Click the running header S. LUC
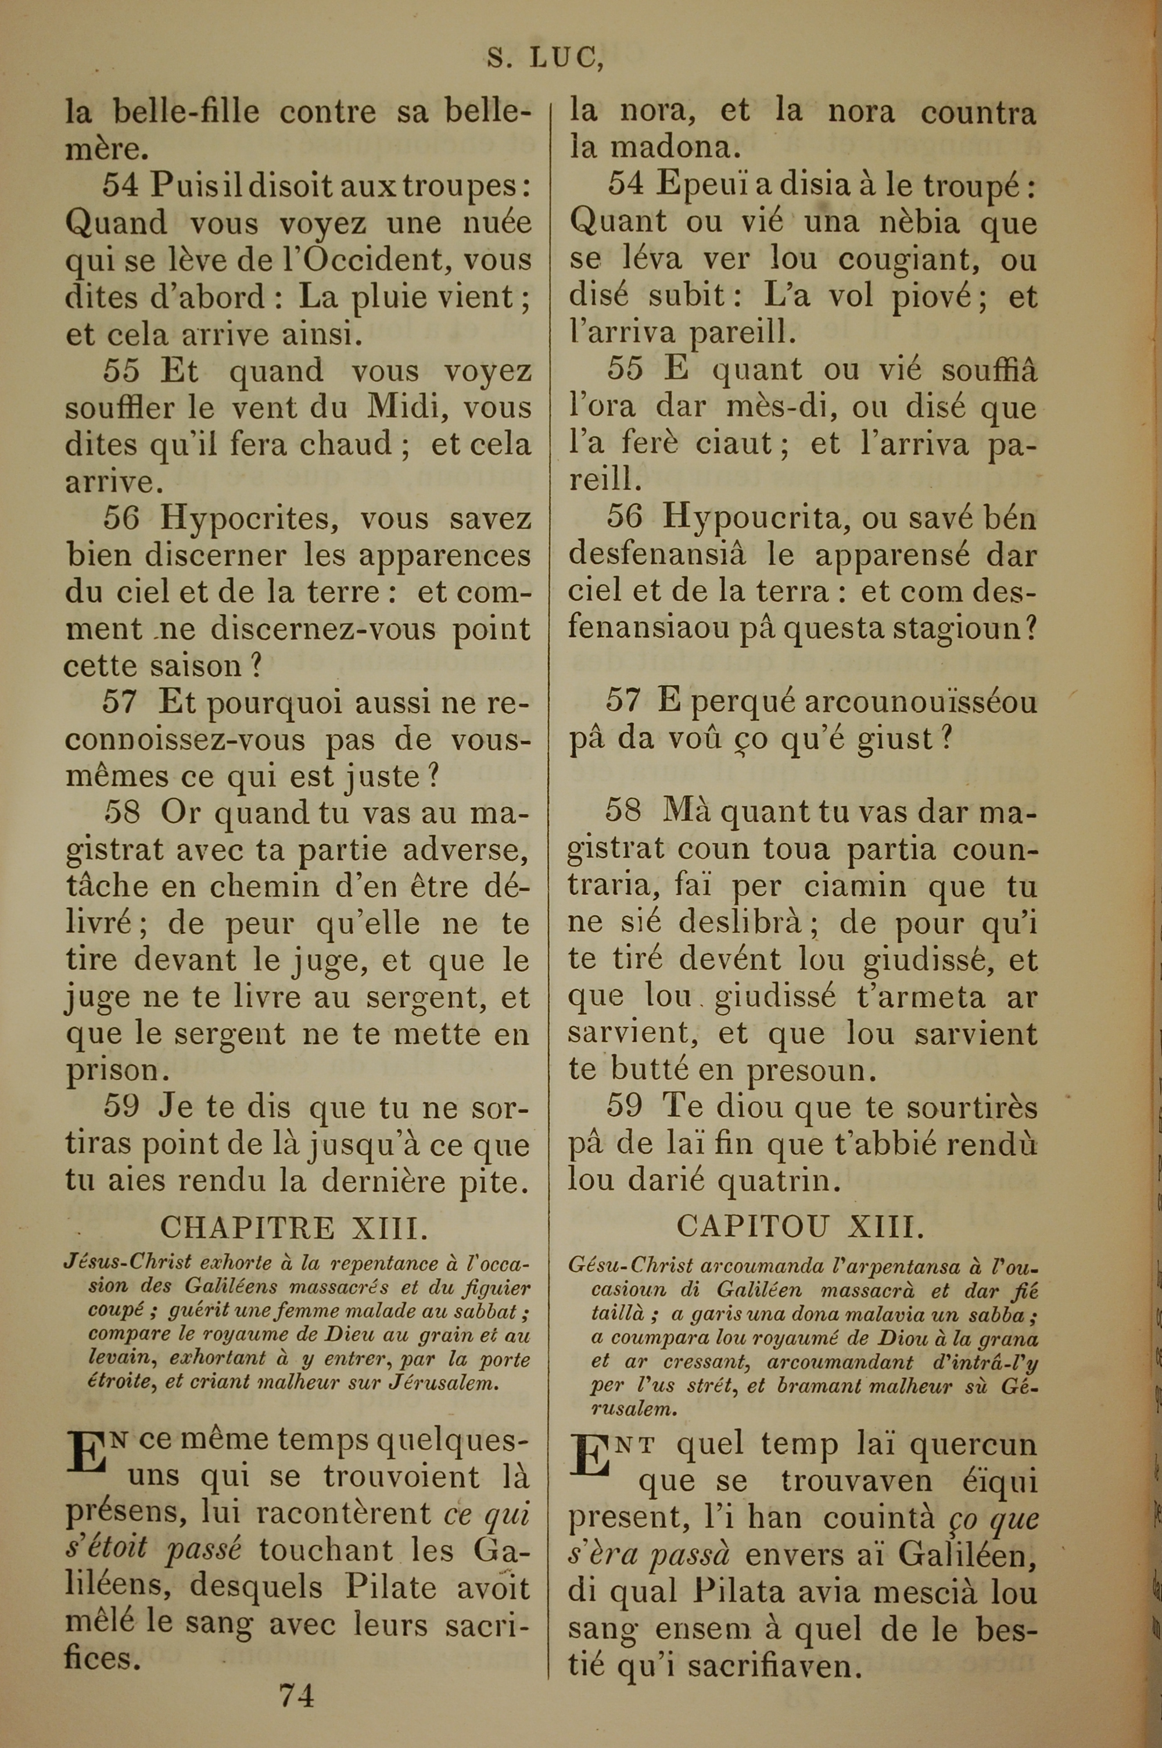tap(545, 59)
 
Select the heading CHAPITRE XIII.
tap(294, 1228)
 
